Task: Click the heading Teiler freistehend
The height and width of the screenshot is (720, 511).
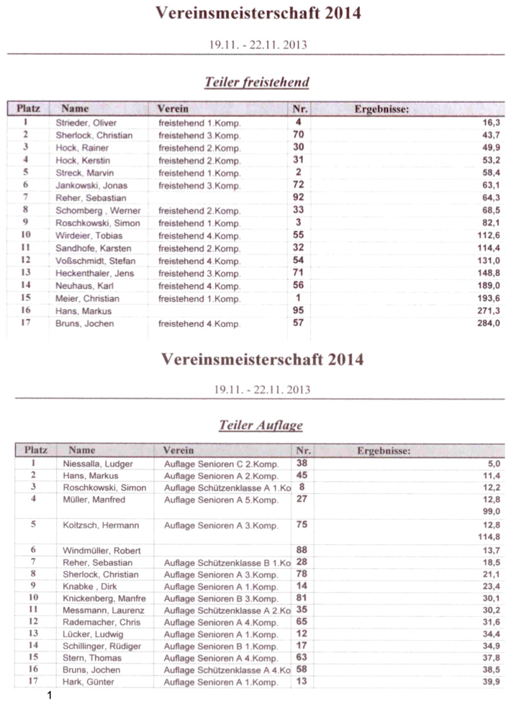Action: coord(257,82)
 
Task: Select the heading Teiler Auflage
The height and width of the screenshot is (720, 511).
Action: coord(261,426)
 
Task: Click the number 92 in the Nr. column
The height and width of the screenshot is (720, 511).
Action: coord(298,197)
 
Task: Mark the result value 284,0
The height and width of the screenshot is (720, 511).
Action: coord(488,323)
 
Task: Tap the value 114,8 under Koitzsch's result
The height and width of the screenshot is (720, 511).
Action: coord(489,536)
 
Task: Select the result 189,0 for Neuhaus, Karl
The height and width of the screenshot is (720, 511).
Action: coord(488,286)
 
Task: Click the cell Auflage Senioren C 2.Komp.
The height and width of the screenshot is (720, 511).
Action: coord(221,464)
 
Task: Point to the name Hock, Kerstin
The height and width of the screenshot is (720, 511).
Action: coord(80,160)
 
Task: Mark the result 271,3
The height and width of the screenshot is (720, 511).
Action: coord(488,310)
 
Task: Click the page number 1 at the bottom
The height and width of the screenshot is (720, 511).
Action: coord(50,696)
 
